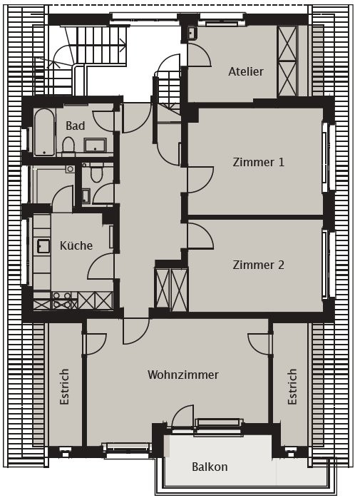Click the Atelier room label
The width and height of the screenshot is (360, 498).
pyautogui.click(x=246, y=71)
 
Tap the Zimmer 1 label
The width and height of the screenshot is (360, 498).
pyautogui.click(x=258, y=162)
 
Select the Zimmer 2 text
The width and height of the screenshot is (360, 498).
pyautogui.click(x=258, y=265)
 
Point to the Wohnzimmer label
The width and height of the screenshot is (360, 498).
pyautogui.click(x=183, y=375)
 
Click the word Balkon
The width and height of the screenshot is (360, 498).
pyautogui.click(x=210, y=467)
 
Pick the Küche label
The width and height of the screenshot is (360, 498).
pyautogui.click(x=76, y=245)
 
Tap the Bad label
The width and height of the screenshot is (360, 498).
pyautogui.click(x=76, y=126)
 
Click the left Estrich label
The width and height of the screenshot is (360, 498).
pyautogui.click(x=64, y=387)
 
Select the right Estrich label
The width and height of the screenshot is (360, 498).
pyautogui.click(x=292, y=387)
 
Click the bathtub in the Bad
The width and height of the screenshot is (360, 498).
pyautogui.click(x=44, y=132)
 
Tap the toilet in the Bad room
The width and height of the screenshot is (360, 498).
pyautogui.click(x=68, y=146)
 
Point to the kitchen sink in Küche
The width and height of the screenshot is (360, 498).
pyautogui.click(x=43, y=246)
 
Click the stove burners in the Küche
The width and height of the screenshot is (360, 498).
pyautogui.click(x=63, y=300)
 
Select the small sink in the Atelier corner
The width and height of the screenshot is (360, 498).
pyautogui.click(x=192, y=33)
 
